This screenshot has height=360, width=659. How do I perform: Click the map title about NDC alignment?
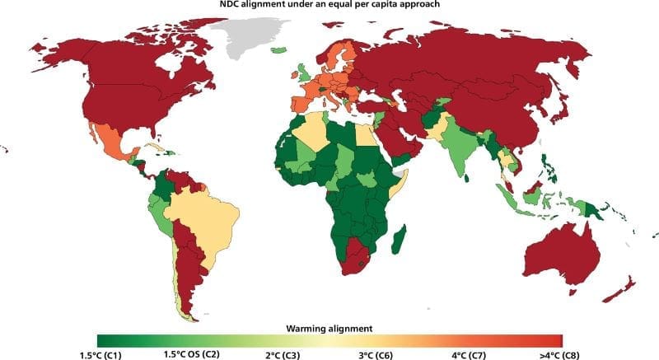point(329,7)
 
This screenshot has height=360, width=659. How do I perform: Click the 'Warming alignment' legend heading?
point(329,327)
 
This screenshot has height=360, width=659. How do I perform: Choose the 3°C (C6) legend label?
point(376,353)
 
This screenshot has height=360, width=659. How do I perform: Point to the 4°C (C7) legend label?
point(469,353)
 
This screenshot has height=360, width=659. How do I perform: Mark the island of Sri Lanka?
point(467,176)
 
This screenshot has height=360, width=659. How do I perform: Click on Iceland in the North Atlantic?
point(279,50)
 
